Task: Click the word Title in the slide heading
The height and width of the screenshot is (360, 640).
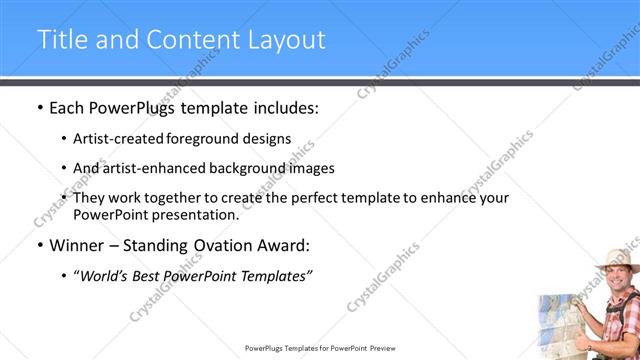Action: pos(63,39)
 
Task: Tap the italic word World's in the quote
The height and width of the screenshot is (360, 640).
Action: pos(105,276)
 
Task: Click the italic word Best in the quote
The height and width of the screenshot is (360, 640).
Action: pos(152,276)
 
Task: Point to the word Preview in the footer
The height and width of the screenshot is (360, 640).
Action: pos(385,349)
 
